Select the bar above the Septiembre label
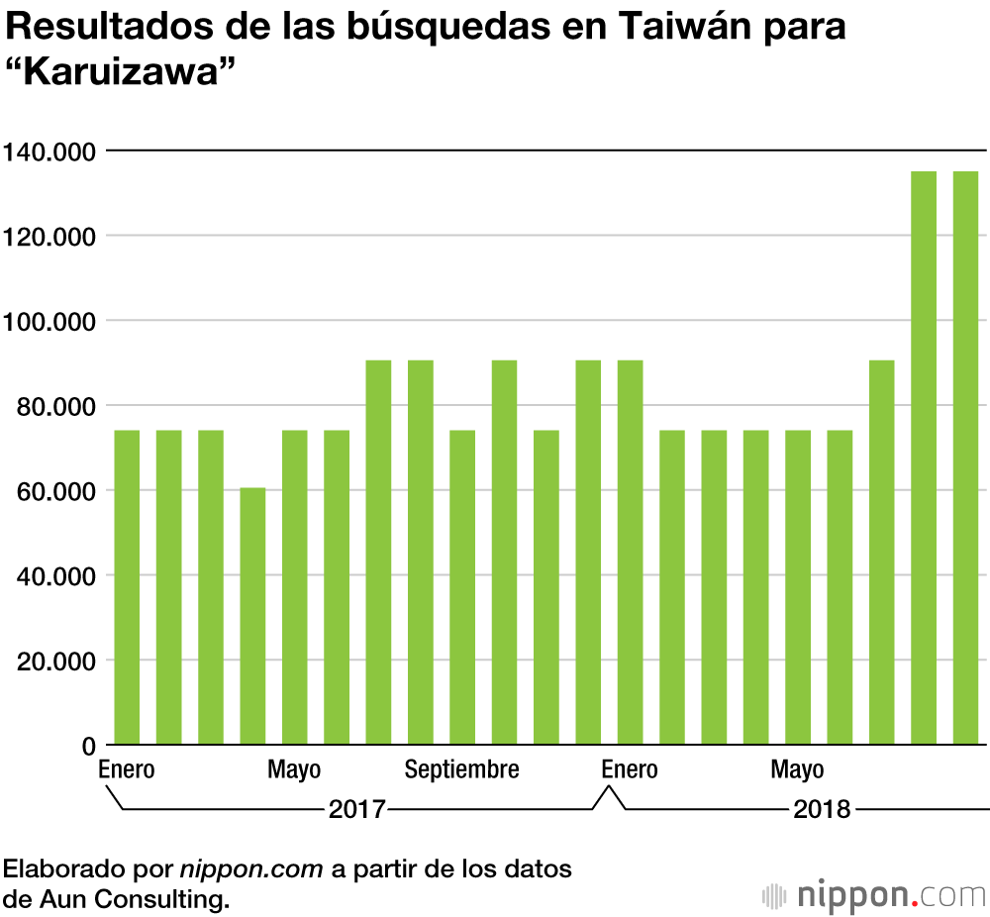point(462,587)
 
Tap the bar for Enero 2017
point(127,587)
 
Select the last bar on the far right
point(965,458)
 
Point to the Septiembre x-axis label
point(462,770)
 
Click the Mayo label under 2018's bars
point(798,770)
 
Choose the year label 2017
point(356,809)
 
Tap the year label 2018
point(822,809)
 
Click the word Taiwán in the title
point(684,28)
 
